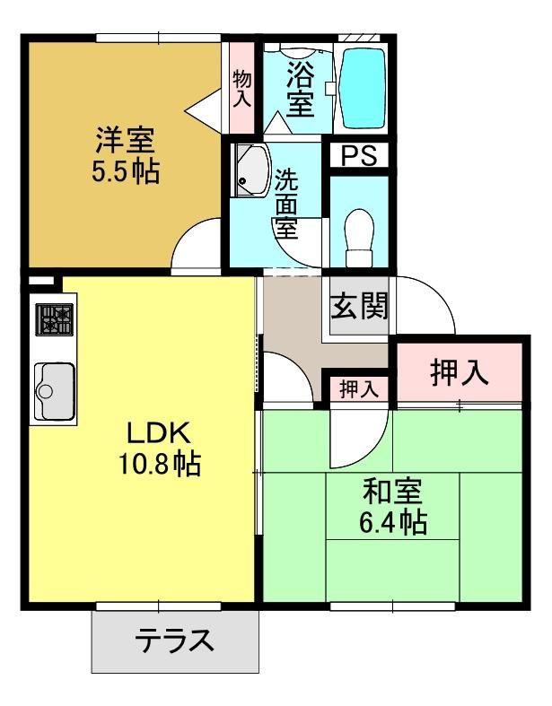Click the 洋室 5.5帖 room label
click(x=126, y=155)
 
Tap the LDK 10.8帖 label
click(x=159, y=449)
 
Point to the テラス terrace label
click(x=175, y=641)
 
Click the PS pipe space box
click(x=359, y=155)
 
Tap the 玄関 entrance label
click(x=359, y=307)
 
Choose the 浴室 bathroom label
click(x=300, y=89)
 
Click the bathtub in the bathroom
click(x=362, y=88)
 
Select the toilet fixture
click(x=359, y=238)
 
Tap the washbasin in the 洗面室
click(x=250, y=170)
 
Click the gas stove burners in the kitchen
click(x=54, y=319)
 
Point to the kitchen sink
click(x=55, y=391)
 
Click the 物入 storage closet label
click(x=242, y=89)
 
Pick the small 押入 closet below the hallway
click(x=358, y=389)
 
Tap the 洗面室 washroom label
click(x=286, y=204)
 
